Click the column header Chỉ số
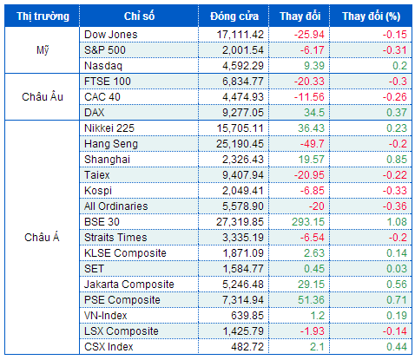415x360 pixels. pyautogui.click(x=139, y=16)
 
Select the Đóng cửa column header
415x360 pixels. pyautogui.click(x=234, y=16)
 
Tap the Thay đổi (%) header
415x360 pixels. pyautogui.click(x=372, y=16)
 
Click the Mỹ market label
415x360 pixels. pyautogui.click(x=43, y=50)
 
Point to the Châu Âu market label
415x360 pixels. pyautogui.click(x=43, y=96)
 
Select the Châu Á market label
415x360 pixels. pyautogui.click(x=42, y=237)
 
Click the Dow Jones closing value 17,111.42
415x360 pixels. pyautogui.click(x=240, y=35)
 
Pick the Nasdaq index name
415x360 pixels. pyautogui.click(x=103, y=66)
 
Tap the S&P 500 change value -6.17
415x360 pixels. pyautogui.click(x=313, y=50)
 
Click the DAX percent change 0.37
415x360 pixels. pyautogui.click(x=397, y=113)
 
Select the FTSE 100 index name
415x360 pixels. pyautogui.click(x=108, y=82)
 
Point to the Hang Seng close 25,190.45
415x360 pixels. pyautogui.click(x=240, y=144)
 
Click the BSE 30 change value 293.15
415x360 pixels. pyautogui.click(x=308, y=222)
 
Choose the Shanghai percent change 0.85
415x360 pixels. pyautogui.click(x=397, y=160)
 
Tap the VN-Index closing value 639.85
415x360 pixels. pyautogui.click(x=247, y=316)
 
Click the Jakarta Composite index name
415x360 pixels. pyautogui.click(x=129, y=285)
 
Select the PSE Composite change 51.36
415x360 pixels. pyautogui.click(x=311, y=300)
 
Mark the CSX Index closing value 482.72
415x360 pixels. pyautogui.click(x=247, y=347)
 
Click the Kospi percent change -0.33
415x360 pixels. pyautogui.click(x=395, y=191)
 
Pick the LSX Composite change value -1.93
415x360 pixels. pyautogui.click(x=313, y=331)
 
